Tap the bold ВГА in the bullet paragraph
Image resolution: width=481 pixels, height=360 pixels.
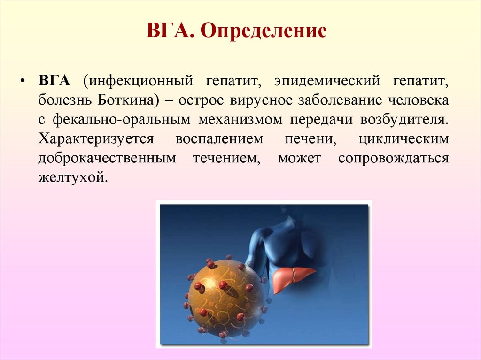54,81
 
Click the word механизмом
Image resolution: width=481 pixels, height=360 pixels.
240,120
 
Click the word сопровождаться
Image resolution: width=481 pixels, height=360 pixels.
393,159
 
